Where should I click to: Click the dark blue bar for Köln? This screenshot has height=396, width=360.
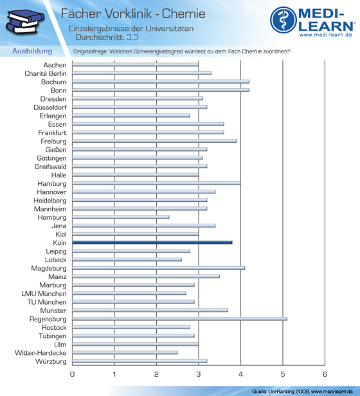(152, 243)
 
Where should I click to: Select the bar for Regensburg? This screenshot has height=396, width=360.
(179, 319)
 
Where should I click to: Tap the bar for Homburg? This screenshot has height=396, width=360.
(121, 217)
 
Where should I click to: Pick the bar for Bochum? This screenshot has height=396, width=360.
(161, 82)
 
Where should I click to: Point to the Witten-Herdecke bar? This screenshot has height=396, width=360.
(125, 352)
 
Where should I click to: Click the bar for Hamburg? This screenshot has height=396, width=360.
(156, 183)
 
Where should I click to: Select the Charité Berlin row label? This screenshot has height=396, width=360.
(46, 73)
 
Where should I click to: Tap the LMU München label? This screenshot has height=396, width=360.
(44, 294)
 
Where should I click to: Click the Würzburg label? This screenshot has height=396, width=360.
(51, 361)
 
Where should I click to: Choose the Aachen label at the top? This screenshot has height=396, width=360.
(55, 65)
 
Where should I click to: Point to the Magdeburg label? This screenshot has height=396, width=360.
(49, 269)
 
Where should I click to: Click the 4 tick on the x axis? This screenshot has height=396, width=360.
(240, 374)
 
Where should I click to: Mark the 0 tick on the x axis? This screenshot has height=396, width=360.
(72, 374)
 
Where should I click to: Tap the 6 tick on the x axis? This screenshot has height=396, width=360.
(325, 374)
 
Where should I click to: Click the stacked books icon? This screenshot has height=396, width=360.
(25, 22)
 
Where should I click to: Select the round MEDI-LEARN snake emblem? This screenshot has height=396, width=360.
(283, 20)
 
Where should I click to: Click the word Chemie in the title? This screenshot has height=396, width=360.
(184, 14)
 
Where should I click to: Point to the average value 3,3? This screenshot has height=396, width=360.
(132, 37)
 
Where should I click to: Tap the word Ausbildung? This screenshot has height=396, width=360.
(32, 51)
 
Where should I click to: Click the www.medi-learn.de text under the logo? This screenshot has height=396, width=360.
(326, 35)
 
